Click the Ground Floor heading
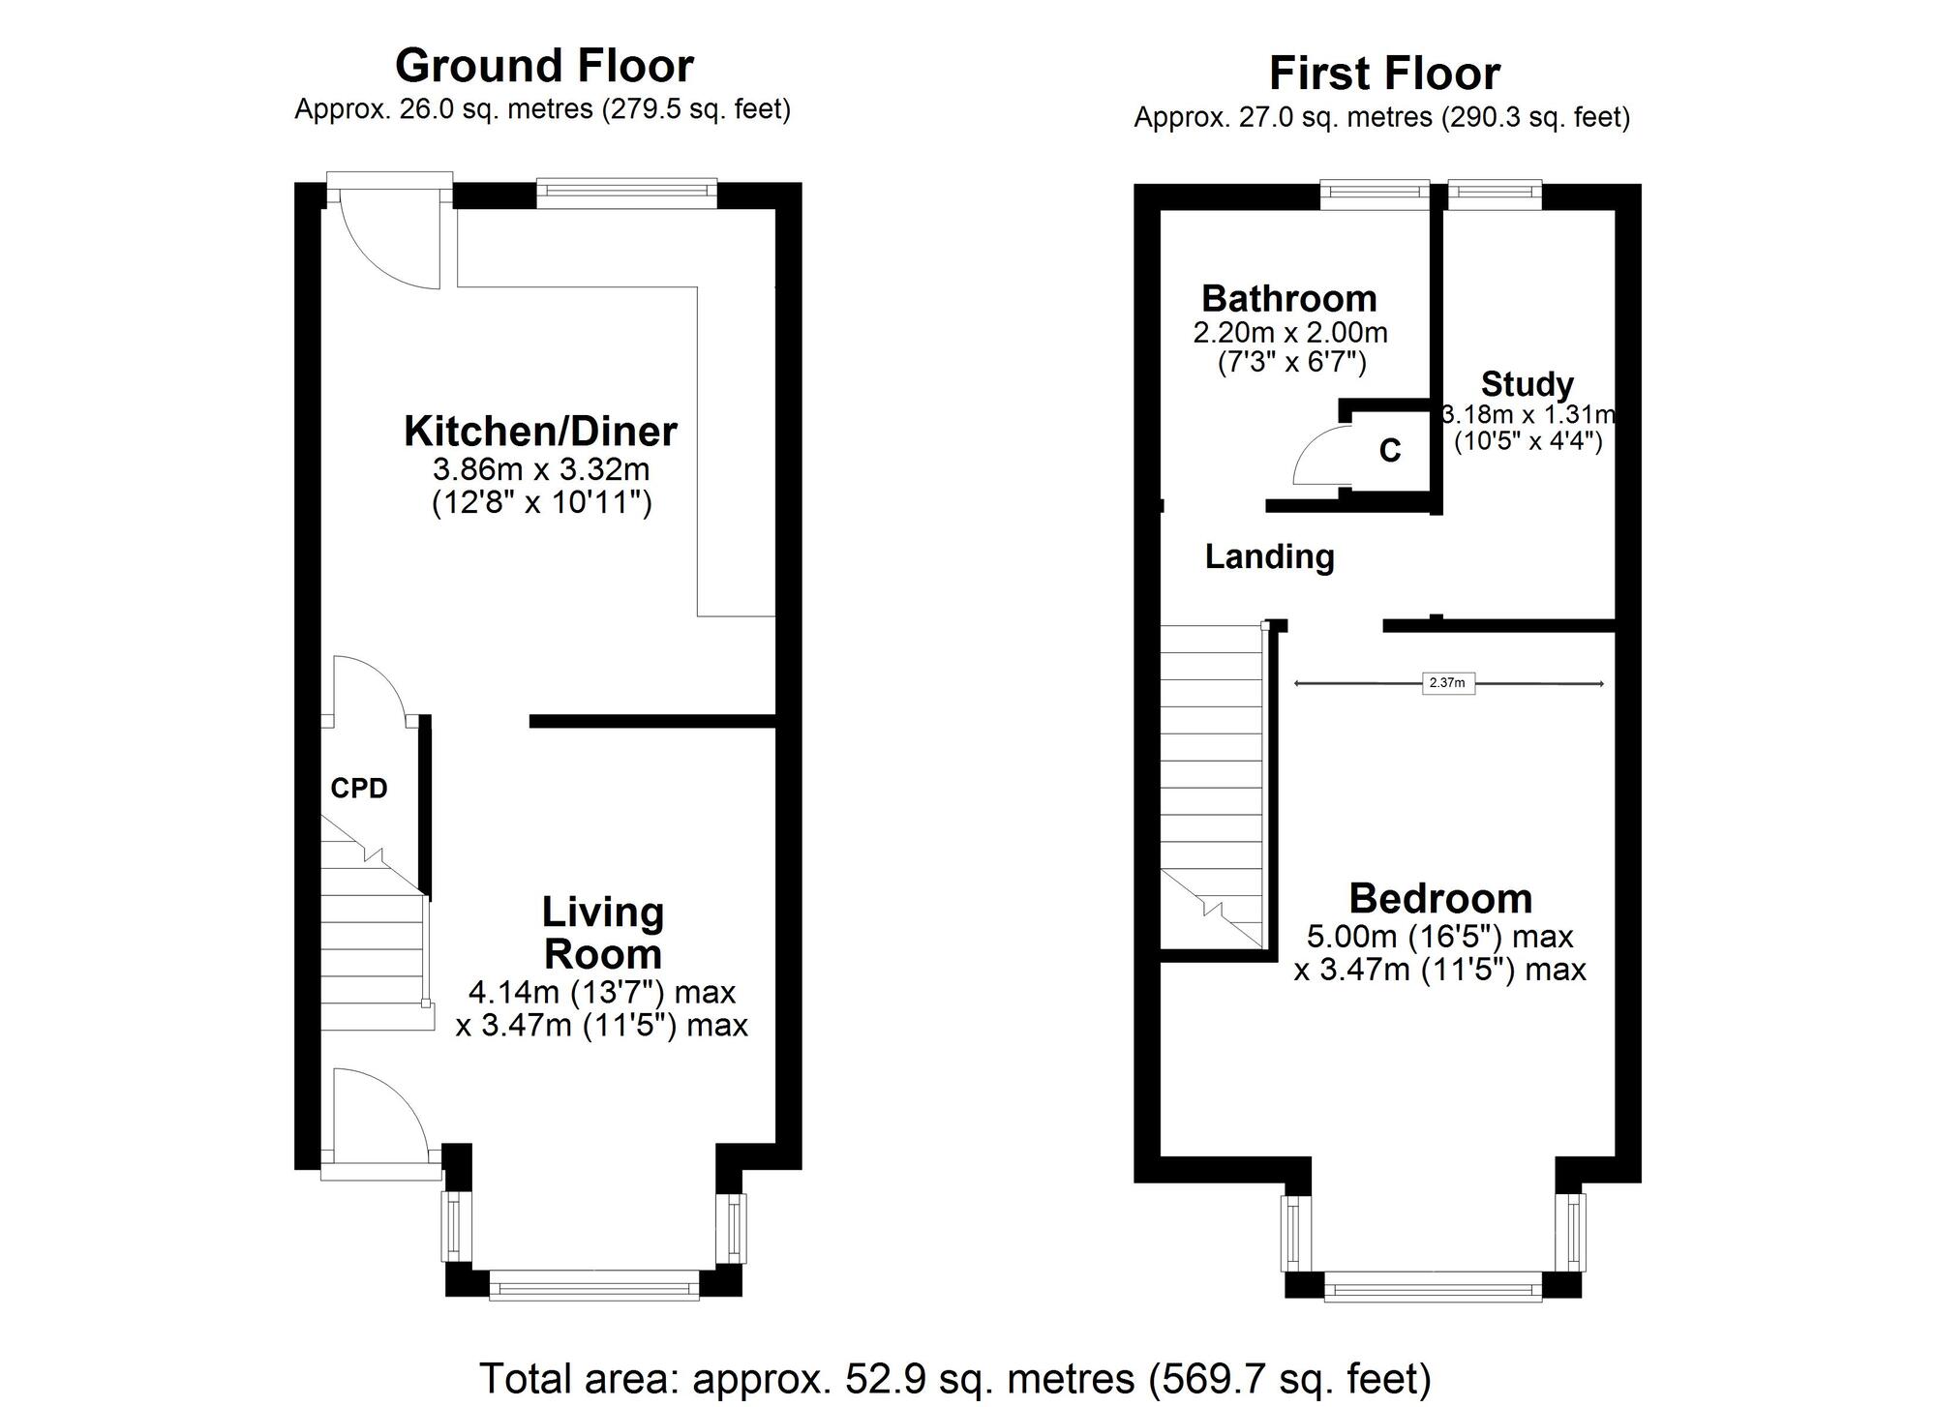click(544, 67)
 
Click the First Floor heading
click(1384, 74)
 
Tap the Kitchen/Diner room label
click(540, 432)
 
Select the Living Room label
click(602, 933)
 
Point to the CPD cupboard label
click(359, 789)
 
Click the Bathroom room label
click(1288, 298)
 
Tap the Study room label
click(1527, 384)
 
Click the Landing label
click(1269, 556)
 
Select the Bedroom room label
click(1440, 899)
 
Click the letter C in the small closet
click(1389, 451)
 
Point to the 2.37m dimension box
click(1447, 683)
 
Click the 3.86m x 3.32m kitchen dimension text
click(540, 470)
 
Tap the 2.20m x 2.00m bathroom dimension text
click(1289, 333)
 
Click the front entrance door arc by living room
click(378, 1113)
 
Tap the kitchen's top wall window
click(626, 193)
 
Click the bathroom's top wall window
click(1375, 194)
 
